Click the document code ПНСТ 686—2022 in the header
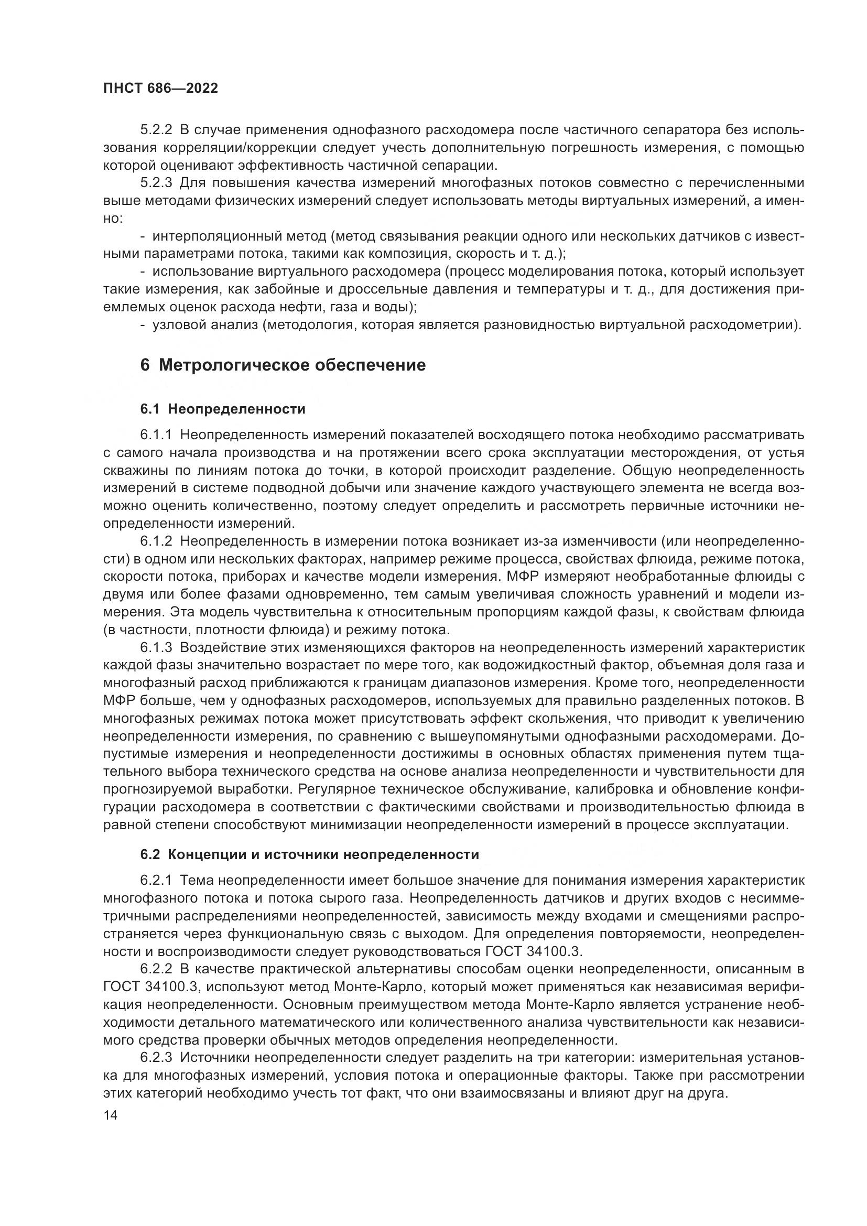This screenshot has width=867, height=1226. (161, 89)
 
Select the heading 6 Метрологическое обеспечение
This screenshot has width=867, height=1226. (283, 365)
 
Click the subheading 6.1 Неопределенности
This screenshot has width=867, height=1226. (223, 409)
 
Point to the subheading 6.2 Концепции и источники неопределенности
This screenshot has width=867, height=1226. (310, 854)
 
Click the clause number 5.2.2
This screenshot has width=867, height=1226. (156, 130)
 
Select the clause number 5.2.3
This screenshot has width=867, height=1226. (156, 182)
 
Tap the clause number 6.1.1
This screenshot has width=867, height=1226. (156, 435)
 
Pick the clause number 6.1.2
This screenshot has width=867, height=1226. (156, 541)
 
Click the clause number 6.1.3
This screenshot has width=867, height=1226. (156, 648)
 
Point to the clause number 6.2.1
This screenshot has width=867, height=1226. (156, 881)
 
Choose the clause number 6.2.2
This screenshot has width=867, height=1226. (156, 969)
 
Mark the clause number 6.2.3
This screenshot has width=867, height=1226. (156, 1057)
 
